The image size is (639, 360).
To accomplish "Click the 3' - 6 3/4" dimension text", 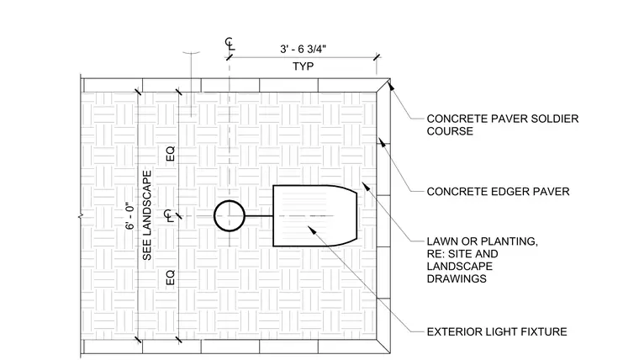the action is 303,49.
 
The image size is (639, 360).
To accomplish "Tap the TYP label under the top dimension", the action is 304,66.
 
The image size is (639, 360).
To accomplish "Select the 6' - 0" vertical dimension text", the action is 129,215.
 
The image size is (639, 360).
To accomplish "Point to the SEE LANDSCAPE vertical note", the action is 147,215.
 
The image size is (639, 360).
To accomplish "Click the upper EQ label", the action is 171,153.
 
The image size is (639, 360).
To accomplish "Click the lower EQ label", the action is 171,278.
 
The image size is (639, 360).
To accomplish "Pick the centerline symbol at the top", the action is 230,43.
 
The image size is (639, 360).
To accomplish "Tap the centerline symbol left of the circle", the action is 168,215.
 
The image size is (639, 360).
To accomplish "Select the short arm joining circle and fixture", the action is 259,215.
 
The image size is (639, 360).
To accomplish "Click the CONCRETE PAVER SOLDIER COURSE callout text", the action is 503,124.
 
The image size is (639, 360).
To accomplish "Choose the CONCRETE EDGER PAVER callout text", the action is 498,192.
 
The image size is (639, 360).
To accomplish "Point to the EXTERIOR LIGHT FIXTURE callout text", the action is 497,332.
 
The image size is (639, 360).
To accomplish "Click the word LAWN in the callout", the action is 441,241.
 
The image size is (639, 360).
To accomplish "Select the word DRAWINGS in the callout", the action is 457,279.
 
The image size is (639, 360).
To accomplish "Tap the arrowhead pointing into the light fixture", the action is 312,230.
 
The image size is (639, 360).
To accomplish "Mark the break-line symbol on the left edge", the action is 81,215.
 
